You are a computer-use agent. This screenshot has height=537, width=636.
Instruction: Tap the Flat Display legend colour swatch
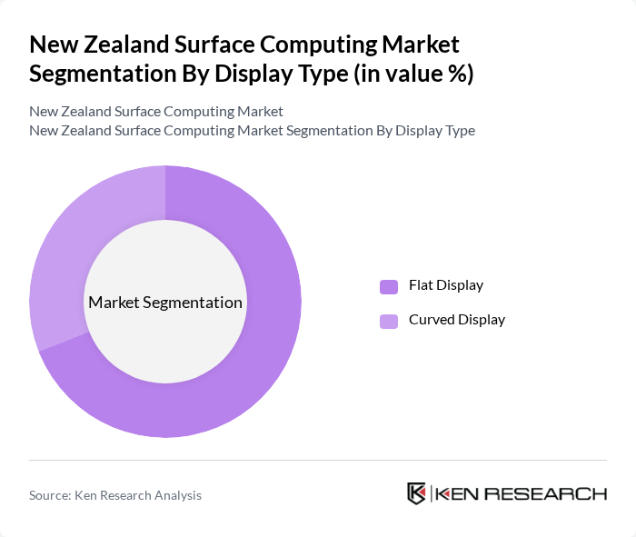(x=389, y=286)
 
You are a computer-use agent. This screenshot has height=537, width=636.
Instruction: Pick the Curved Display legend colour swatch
(x=389, y=321)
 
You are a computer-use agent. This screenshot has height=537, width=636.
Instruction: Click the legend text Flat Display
(x=446, y=285)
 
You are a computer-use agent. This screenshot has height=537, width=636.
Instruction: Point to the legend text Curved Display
(x=457, y=320)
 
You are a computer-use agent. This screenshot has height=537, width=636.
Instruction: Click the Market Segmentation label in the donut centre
(x=165, y=303)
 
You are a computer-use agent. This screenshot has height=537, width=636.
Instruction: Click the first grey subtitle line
(x=156, y=112)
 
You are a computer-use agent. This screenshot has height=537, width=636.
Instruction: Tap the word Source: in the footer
(x=51, y=495)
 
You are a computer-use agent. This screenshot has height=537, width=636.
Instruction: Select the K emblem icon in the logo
(x=416, y=493)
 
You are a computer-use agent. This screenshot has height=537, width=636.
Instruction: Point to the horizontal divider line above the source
(x=318, y=460)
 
